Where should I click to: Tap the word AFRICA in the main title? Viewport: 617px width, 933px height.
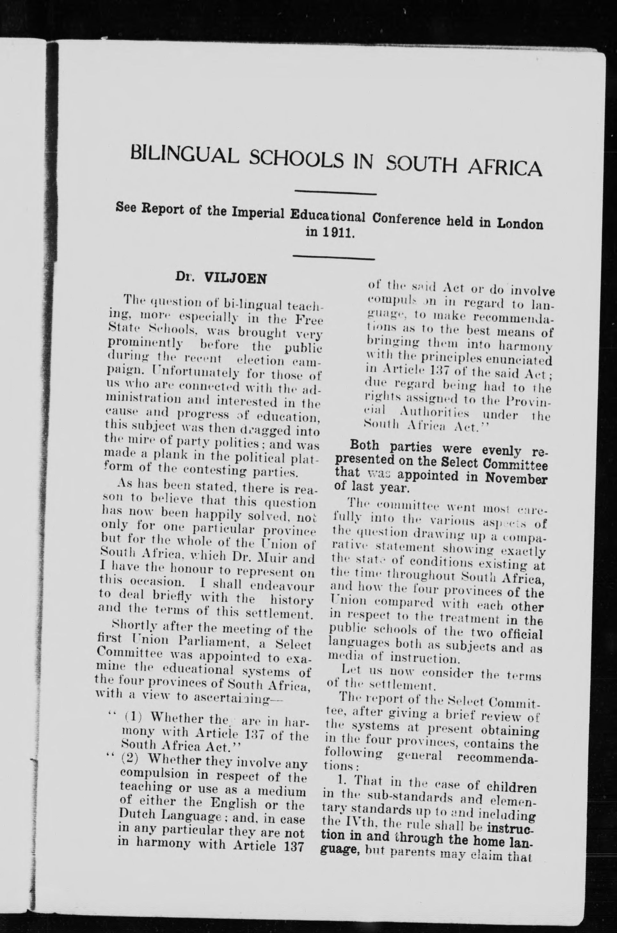[504, 167]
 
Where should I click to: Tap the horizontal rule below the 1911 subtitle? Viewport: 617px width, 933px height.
[334, 258]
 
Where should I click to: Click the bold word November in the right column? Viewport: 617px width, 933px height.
[516, 480]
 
